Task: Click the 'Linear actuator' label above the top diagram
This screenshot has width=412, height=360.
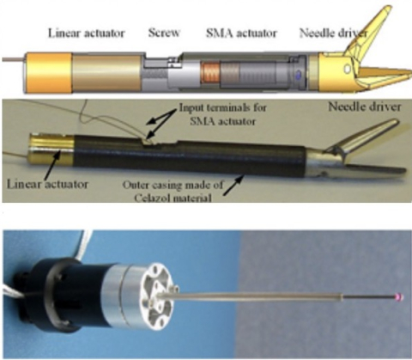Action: click(87, 34)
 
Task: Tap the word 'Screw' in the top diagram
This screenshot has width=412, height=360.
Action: click(164, 33)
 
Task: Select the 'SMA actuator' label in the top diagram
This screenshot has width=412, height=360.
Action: click(242, 34)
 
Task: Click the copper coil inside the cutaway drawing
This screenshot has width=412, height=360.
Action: click(209, 73)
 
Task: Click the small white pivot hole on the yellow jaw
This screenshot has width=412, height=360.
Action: click(348, 69)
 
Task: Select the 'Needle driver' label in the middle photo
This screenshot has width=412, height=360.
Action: click(364, 107)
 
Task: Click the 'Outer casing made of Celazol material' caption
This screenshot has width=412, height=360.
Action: click(173, 191)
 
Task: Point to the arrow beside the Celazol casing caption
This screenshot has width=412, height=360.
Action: click(233, 186)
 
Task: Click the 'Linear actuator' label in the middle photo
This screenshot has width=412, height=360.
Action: click(47, 184)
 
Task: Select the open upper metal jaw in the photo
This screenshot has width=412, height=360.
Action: click(363, 137)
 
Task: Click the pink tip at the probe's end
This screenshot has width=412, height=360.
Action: click(399, 297)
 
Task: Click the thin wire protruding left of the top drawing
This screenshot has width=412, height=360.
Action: click(15, 60)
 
